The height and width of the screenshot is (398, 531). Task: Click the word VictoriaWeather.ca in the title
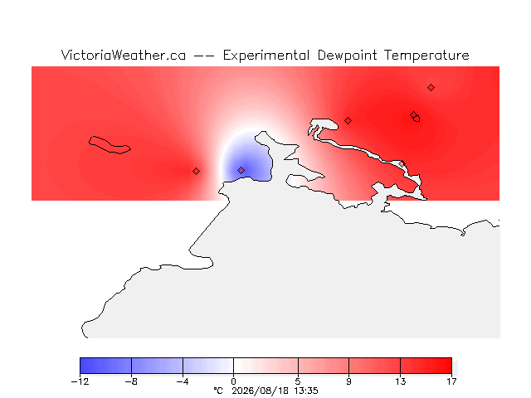(x=124, y=56)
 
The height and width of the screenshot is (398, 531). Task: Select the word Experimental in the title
(x=266, y=56)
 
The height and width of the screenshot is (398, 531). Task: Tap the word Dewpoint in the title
(x=347, y=56)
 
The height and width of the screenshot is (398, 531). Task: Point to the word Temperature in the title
(x=426, y=56)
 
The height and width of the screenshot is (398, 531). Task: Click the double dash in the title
(x=204, y=56)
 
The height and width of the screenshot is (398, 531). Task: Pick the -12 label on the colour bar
(x=80, y=381)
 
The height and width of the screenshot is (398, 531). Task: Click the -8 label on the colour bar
(x=131, y=381)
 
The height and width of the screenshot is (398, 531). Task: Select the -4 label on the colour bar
(x=183, y=381)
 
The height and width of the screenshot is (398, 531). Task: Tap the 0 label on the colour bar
(x=233, y=381)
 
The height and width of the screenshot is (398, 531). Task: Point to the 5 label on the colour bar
(x=298, y=381)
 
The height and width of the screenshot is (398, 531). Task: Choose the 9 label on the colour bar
(x=348, y=381)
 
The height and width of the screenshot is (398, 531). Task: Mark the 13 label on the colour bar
(x=400, y=381)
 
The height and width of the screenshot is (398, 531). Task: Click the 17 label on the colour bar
(x=451, y=381)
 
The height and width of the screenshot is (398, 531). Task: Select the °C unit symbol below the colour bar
(x=218, y=391)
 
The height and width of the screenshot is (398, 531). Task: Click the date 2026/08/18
(x=260, y=391)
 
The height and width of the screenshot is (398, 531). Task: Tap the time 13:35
(x=306, y=391)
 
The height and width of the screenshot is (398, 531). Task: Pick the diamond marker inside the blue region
(x=241, y=170)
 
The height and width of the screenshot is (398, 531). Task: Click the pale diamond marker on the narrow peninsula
(x=402, y=164)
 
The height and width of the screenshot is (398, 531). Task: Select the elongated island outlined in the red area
(x=109, y=145)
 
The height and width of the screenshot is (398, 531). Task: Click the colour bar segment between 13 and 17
(x=426, y=366)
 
